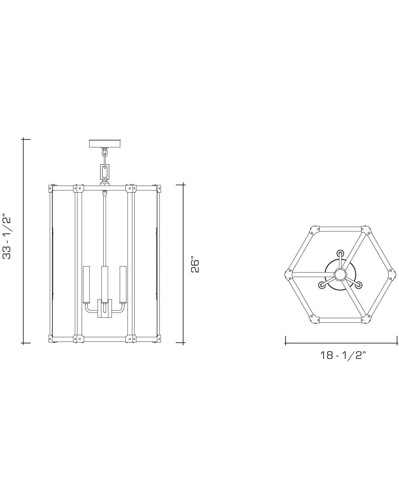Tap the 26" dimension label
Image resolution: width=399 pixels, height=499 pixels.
click(195, 265)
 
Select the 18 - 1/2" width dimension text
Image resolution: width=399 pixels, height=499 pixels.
click(343, 355)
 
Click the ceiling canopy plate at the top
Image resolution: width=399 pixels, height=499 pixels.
click(105, 143)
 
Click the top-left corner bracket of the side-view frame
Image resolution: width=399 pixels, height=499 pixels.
click(50, 189)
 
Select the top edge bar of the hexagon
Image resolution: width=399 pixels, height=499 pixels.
click(341, 229)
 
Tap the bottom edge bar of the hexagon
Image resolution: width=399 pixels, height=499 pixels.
click(341, 320)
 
